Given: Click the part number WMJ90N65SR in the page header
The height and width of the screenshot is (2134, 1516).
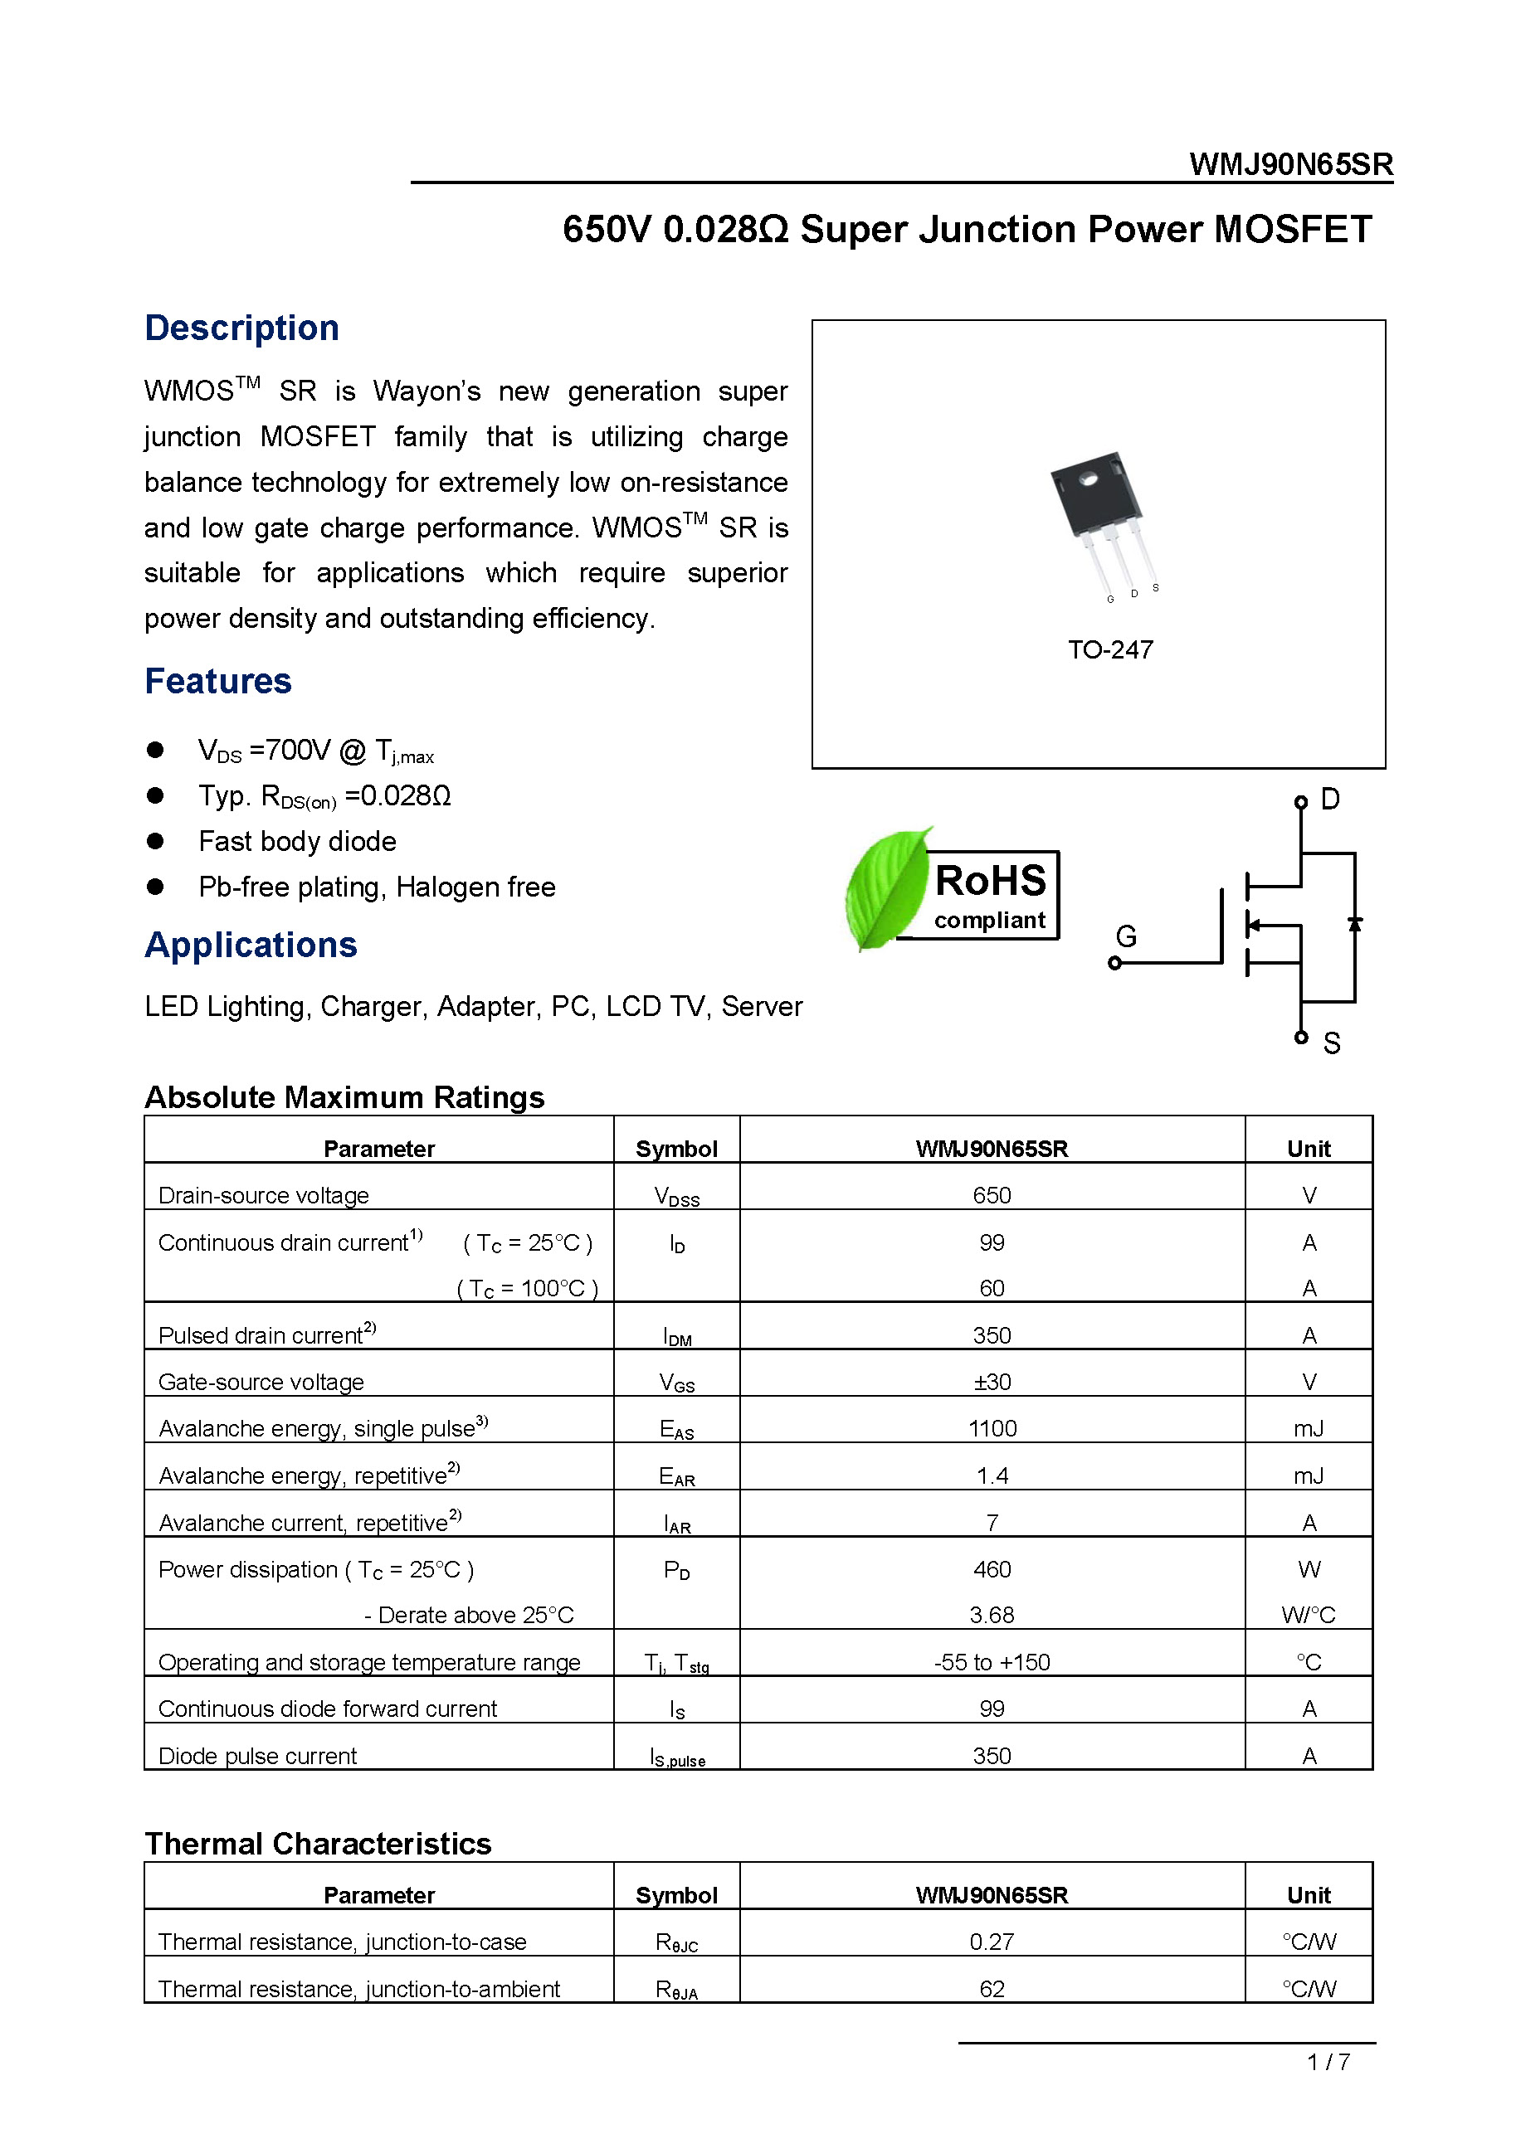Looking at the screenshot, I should click(1290, 164).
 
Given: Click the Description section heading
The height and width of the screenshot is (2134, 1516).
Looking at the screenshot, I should click(241, 328).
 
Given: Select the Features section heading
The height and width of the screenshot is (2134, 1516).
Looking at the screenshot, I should click(217, 681).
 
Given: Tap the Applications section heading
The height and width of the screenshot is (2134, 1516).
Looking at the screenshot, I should click(251, 945).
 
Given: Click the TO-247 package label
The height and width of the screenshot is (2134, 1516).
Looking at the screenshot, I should click(1110, 649).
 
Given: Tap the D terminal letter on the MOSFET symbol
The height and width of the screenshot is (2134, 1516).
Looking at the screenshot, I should click(1330, 800).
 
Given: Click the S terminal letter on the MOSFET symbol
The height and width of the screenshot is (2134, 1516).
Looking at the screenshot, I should click(1332, 1043).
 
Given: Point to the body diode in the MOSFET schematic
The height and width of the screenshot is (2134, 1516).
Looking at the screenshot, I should click(1354, 924).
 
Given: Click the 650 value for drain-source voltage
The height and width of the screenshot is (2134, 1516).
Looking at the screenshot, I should click(992, 1195).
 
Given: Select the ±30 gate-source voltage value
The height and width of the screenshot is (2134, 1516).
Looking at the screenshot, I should click(992, 1382).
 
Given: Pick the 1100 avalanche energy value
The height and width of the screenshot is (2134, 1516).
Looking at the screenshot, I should click(992, 1428).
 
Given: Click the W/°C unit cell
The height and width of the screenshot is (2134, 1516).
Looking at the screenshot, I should click(1308, 1615).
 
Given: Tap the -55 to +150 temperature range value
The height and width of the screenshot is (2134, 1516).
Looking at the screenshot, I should click(992, 1662).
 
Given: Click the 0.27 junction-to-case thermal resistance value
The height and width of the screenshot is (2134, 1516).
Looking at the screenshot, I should click(992, 1942).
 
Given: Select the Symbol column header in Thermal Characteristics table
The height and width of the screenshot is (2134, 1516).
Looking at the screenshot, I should click(675, 1895).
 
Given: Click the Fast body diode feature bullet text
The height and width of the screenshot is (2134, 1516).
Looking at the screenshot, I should click(297, 842).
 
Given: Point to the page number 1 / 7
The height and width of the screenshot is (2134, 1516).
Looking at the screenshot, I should click(1328, 2062).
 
